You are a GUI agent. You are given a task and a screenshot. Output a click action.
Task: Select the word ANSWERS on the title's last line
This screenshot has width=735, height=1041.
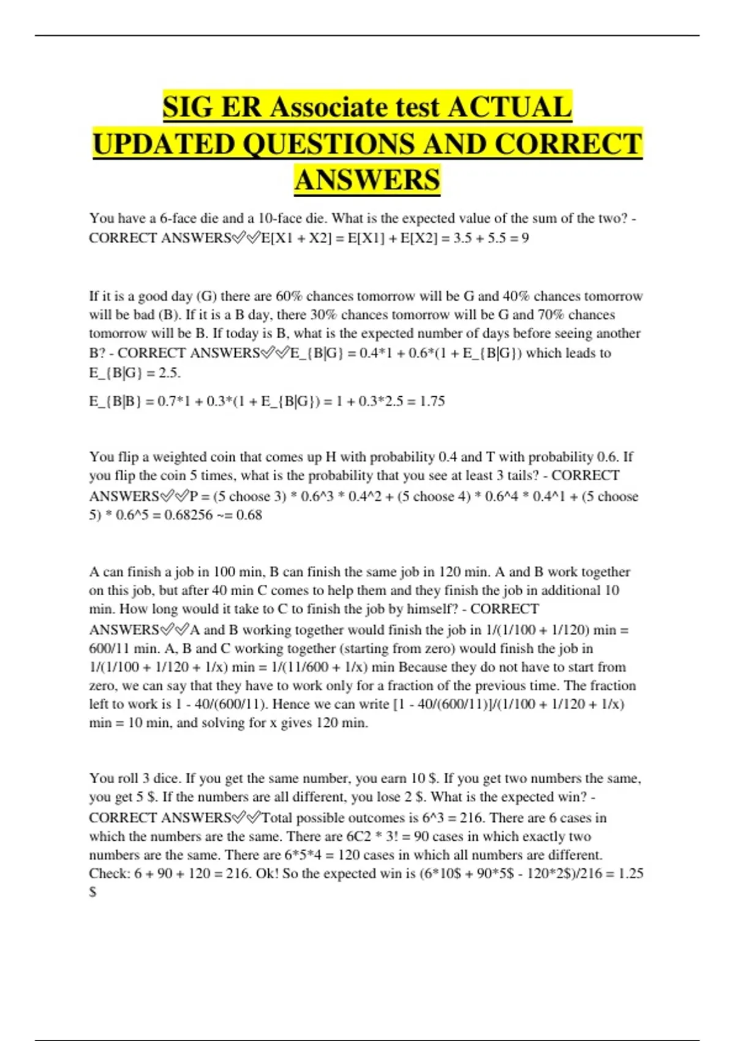367,181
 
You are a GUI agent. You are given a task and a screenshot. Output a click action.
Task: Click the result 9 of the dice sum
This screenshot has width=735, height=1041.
525,238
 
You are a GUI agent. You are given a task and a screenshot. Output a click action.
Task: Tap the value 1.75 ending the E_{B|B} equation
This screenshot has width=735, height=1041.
432,402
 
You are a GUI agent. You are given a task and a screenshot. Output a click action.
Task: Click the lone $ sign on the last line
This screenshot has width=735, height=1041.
92,892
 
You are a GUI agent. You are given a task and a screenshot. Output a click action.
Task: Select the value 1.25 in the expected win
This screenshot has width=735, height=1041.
630,874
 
